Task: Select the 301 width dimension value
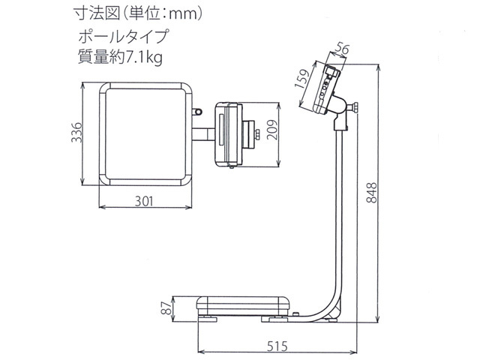tap(145, 201)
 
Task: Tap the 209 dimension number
tap(272, 133)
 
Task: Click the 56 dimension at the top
tap(344, 49)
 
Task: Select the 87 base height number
tap(168, 307)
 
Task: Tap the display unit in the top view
tap(226, 133)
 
